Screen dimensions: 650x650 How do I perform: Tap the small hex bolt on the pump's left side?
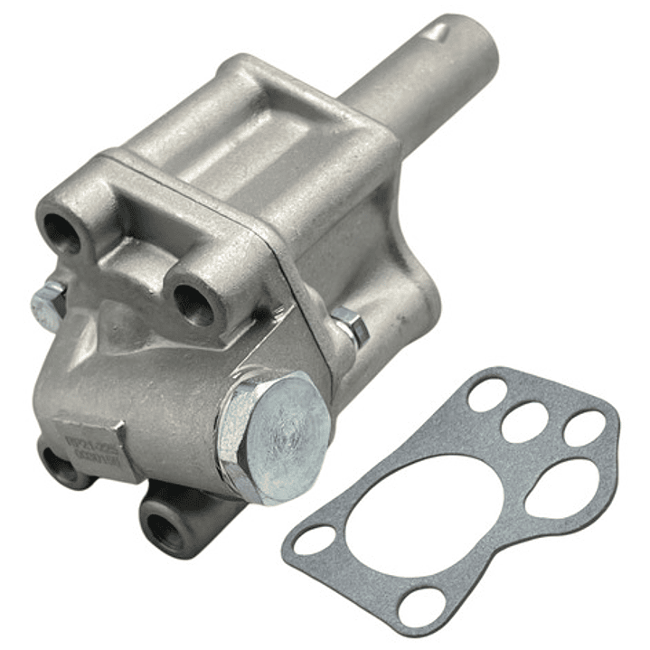click(48, 305)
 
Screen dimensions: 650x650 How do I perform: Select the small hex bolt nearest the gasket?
click(351, 326)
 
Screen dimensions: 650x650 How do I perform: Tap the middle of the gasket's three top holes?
click(526, 422)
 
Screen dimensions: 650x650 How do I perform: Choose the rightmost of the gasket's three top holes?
click(584, 429)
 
